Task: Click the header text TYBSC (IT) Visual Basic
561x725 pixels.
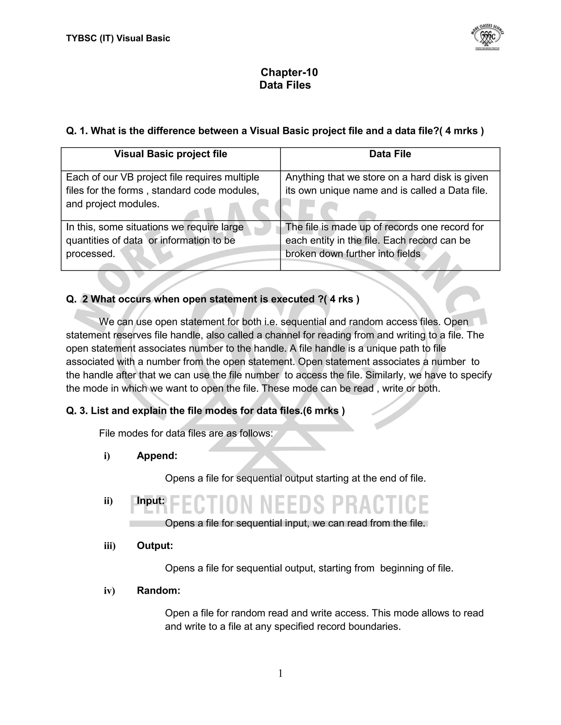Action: coord(118,39)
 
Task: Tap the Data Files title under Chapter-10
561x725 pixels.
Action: coord(285,85)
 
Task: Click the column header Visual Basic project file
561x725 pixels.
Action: coord(170,154)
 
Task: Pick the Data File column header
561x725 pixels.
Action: coord(390,154)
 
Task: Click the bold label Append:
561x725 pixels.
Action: coord(157,456)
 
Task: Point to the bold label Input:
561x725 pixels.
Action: coord(151,501)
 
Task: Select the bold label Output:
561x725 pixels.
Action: coord(155,546)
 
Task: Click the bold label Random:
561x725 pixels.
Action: coord(159,591)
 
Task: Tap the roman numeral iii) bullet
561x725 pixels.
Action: coord(109,546)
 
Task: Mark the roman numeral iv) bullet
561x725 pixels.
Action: coord(109,591)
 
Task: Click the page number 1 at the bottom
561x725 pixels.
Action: coord(280,674)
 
